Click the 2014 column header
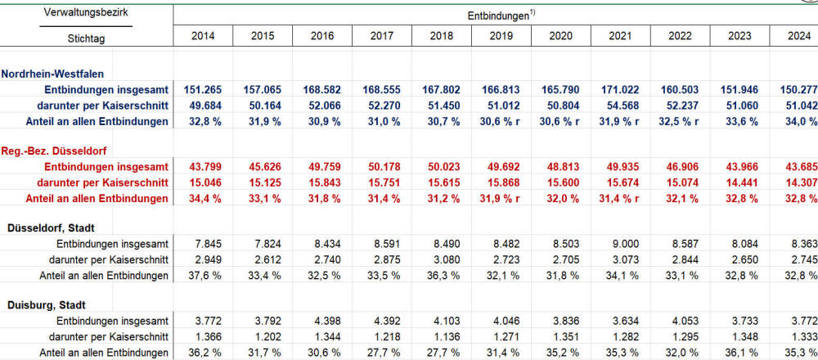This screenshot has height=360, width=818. click(203, 36)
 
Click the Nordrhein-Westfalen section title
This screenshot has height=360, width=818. click(57, 74)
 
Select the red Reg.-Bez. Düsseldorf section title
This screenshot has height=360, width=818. click(56, 151)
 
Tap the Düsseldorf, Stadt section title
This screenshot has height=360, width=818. click(56, 227)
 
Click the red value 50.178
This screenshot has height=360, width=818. click(382, 167)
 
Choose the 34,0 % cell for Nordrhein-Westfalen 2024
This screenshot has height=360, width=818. click(798, 121)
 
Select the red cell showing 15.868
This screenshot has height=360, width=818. click(501, 182)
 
